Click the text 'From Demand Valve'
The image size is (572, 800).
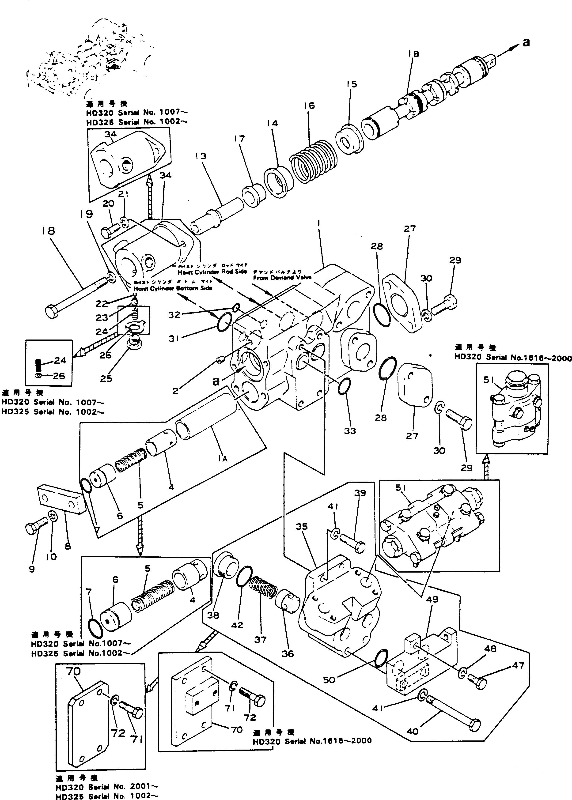[x=282, y=277]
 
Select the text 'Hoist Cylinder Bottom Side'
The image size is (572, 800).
[x=178, y=288]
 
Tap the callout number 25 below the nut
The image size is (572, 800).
[x=106, y=378]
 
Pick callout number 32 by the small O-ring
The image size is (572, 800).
[x=174, y=314]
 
